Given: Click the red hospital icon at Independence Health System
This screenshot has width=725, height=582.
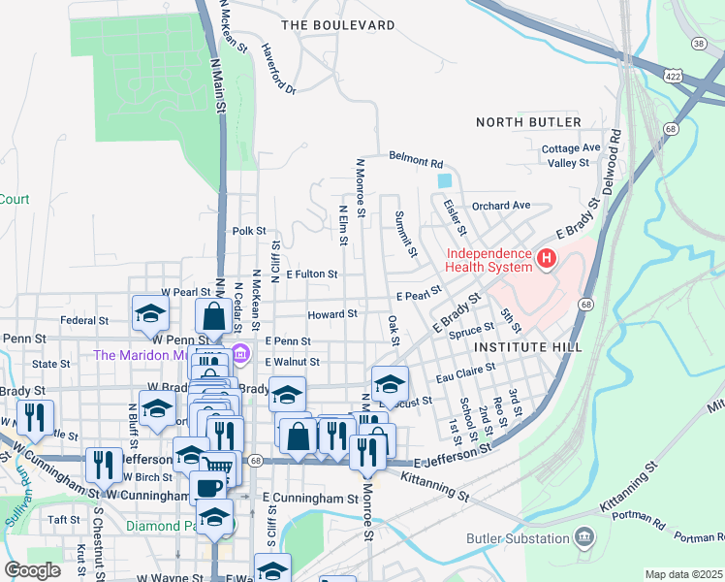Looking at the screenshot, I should tap(547, 260).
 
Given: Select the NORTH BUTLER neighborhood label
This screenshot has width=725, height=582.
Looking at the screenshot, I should tap(528, 122).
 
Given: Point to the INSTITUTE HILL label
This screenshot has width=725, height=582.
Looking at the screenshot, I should tap(528, 346).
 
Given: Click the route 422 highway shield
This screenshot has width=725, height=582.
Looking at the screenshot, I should tap(675, 75).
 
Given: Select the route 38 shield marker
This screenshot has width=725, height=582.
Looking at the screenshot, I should tap(698, 44).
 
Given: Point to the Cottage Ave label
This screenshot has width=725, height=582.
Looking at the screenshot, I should tap(572, 148).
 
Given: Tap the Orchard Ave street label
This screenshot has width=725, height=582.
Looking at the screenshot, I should tap(501, 206).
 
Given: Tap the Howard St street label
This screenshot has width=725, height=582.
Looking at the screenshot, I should tap(332, 314).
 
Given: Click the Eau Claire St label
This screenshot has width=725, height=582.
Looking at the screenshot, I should tap(466, 370).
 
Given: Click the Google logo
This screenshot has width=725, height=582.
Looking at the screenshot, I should tap(32, 569).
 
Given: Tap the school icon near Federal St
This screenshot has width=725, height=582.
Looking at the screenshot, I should tap(150, 312).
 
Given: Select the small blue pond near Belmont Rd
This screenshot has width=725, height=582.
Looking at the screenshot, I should tap(444, 180).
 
